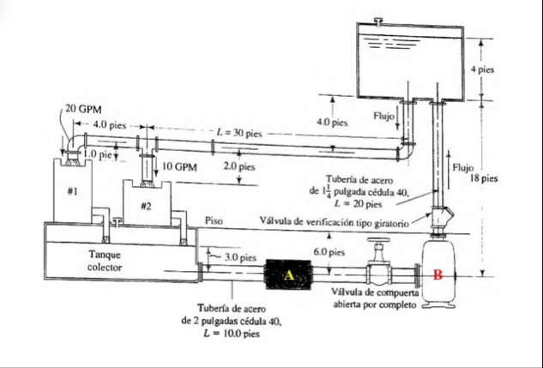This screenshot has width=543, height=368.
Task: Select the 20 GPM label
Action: [83, 110]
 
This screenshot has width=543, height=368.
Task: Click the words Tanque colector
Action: [106, 261]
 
